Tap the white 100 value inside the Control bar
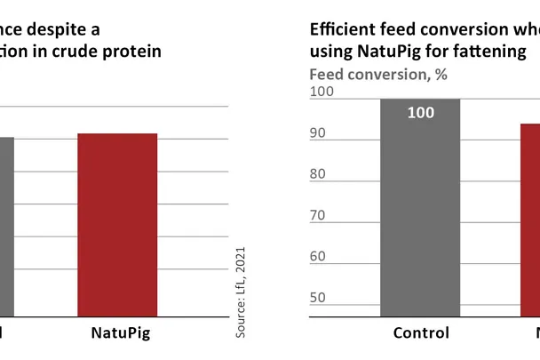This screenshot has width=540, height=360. [x=420, y=113]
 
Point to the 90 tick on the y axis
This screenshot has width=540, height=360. [x=319, y=133]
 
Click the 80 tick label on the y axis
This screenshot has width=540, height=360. [x=319, y=174]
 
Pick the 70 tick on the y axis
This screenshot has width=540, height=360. [x=319, y=215]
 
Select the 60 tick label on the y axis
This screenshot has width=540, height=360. [x=319, y=256]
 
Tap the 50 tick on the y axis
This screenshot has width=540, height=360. [x=319, y=297]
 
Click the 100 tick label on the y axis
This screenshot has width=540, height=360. [x=322, y=92]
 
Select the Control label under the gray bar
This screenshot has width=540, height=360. [x=421, y=333]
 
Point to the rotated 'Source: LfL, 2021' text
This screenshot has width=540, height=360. [x=240, y=292]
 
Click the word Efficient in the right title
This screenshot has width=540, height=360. [x=342, y=29]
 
